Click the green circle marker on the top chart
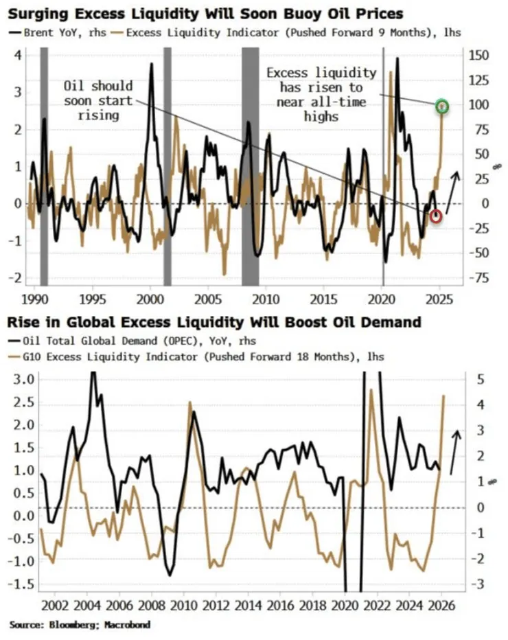[x=443, y=106]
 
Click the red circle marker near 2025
[x=436, y=217]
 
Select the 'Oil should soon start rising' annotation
[x=97, y=101]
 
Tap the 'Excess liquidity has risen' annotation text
[x=321, y=94]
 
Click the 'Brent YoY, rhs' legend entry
[x=58, y=32]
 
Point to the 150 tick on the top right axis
[x=478, y=56]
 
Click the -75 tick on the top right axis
[x=478, y=277]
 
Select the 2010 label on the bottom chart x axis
[x=183, y=607]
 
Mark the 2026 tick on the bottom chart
[x=442, y=607]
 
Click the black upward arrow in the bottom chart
[x=455, y=453]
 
